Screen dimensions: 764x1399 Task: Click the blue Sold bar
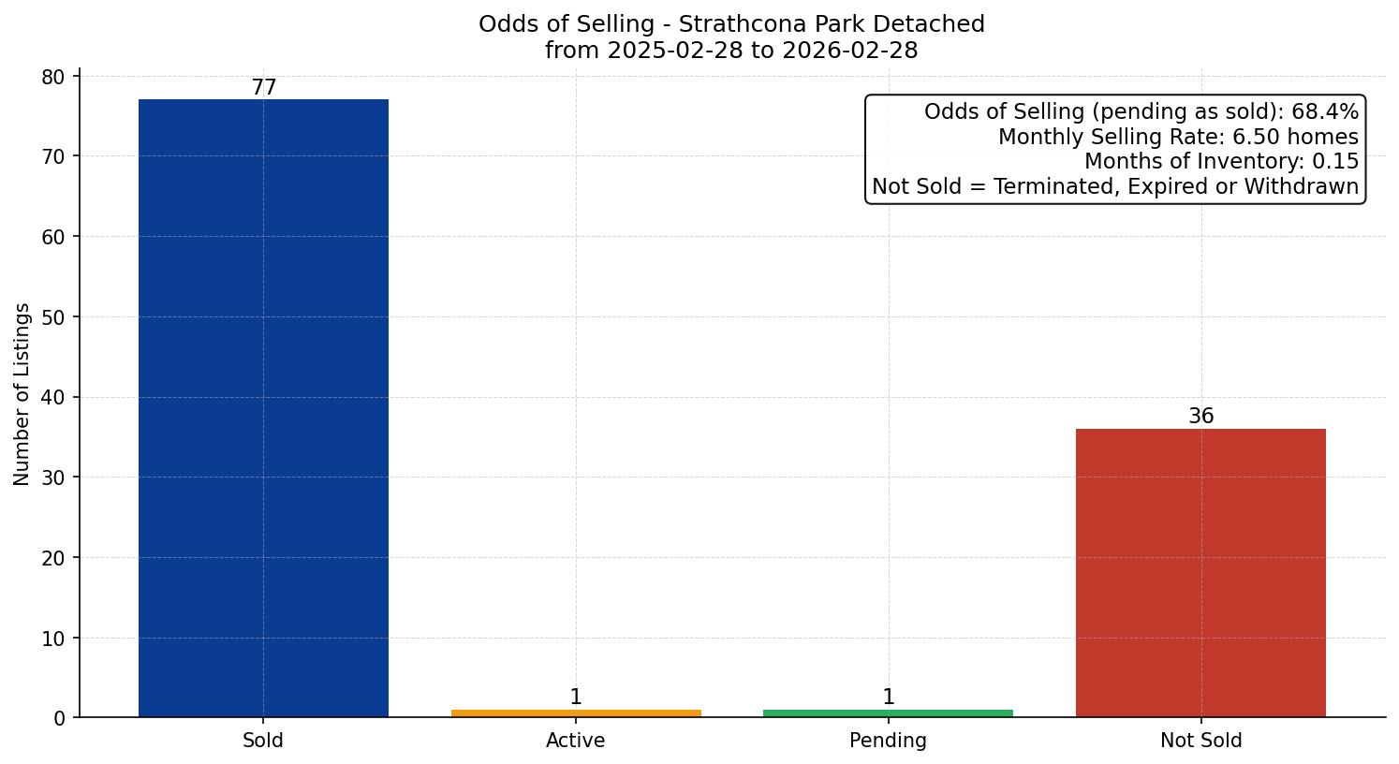pos(263,408)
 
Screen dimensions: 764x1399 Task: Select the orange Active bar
pos(576,713)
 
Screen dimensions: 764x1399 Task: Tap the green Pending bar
pos(888,713)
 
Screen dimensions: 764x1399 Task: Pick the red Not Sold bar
pos(1200,573)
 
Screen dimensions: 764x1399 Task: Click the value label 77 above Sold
pos(264,88)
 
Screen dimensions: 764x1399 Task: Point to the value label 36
pos(1200,417)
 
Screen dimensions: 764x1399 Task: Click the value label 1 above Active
pos(576,698)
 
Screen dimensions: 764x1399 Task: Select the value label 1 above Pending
pos(888,698)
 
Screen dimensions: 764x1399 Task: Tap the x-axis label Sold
pos(263,741)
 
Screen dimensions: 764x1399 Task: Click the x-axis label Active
pos(576,741)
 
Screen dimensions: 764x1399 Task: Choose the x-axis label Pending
pos(888,741)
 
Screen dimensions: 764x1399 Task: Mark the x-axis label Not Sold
pos(1200,741)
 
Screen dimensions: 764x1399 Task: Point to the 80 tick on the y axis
pos(54,77)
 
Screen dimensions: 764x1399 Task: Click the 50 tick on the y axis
pos(54,317)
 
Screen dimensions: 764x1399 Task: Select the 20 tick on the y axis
pos(54,558)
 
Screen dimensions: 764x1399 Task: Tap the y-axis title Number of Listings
pos(22,394)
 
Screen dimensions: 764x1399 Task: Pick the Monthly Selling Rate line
pos(1177,137)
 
